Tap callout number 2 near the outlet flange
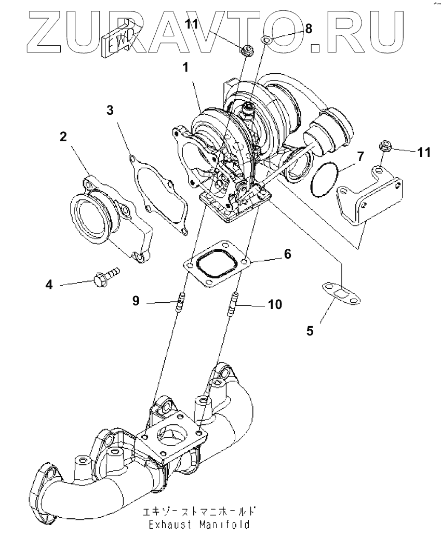pos(63,137)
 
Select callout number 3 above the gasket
pos(110,110)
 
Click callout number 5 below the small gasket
pos(310,331)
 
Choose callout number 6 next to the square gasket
pos(287,254)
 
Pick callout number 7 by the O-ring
pos(360,155)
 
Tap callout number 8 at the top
pos(308,29)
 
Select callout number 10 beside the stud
pos(275,304)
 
